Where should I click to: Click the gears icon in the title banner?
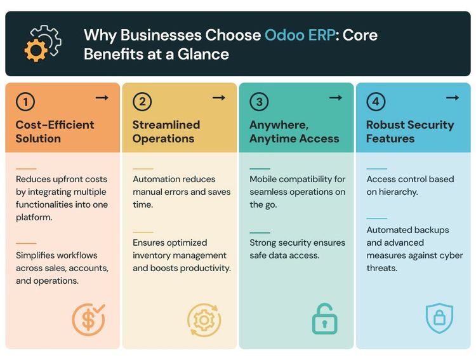tap(43, 43)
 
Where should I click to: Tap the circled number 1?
tap(25, 102)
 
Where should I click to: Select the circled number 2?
tap(142, 102)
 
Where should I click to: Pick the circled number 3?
tap(259, 102)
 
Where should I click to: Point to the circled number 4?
tap(376, 102)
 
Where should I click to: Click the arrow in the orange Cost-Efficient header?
tap(102, 98)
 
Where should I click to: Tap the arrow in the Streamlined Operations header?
tap(218, 98)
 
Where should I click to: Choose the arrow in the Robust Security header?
tap(453, 98)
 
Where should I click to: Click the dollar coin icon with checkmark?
tap(88, 319)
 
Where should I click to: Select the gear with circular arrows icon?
tap(204, 319)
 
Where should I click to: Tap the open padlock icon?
tap(324, 319)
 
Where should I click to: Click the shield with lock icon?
tap(439, 319)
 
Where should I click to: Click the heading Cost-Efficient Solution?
tap(55, 131)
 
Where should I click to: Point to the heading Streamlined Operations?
tap(166, 131)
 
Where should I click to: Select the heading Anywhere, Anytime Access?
tap(294, 131)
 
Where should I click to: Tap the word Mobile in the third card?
tap(264, 179)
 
